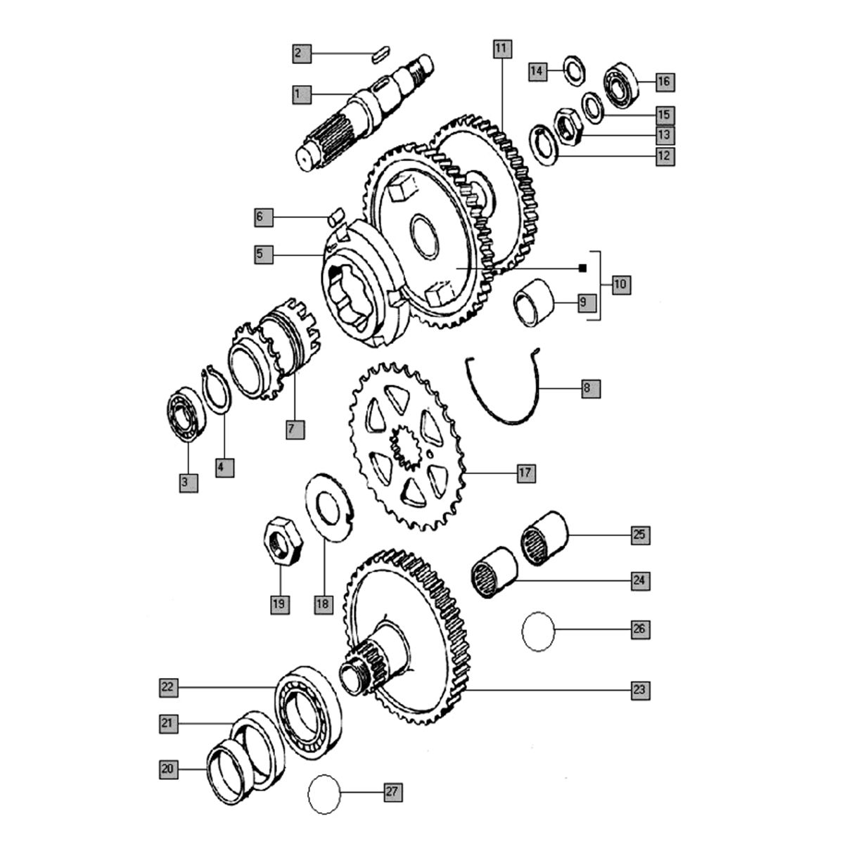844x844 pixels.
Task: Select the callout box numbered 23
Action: tap(639, 689)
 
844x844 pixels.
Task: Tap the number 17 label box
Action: tap(525, 473)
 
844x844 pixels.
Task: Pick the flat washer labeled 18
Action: tap(328, 507)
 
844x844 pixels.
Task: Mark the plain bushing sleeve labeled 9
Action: tap(535, 303)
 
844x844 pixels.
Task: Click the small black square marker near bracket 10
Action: tap(582, 268)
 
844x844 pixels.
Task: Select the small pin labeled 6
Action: tap(335, 211)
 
